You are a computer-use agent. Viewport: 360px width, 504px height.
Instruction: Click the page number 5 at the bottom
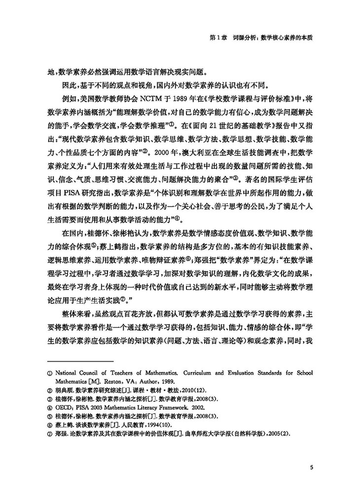click(x=311, y=468)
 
